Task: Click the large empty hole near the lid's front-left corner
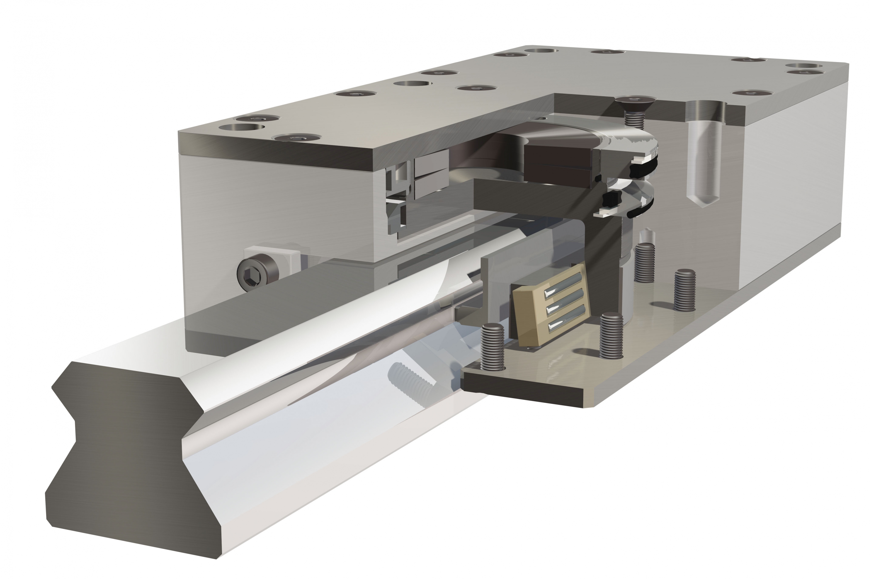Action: tap(242, 127)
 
